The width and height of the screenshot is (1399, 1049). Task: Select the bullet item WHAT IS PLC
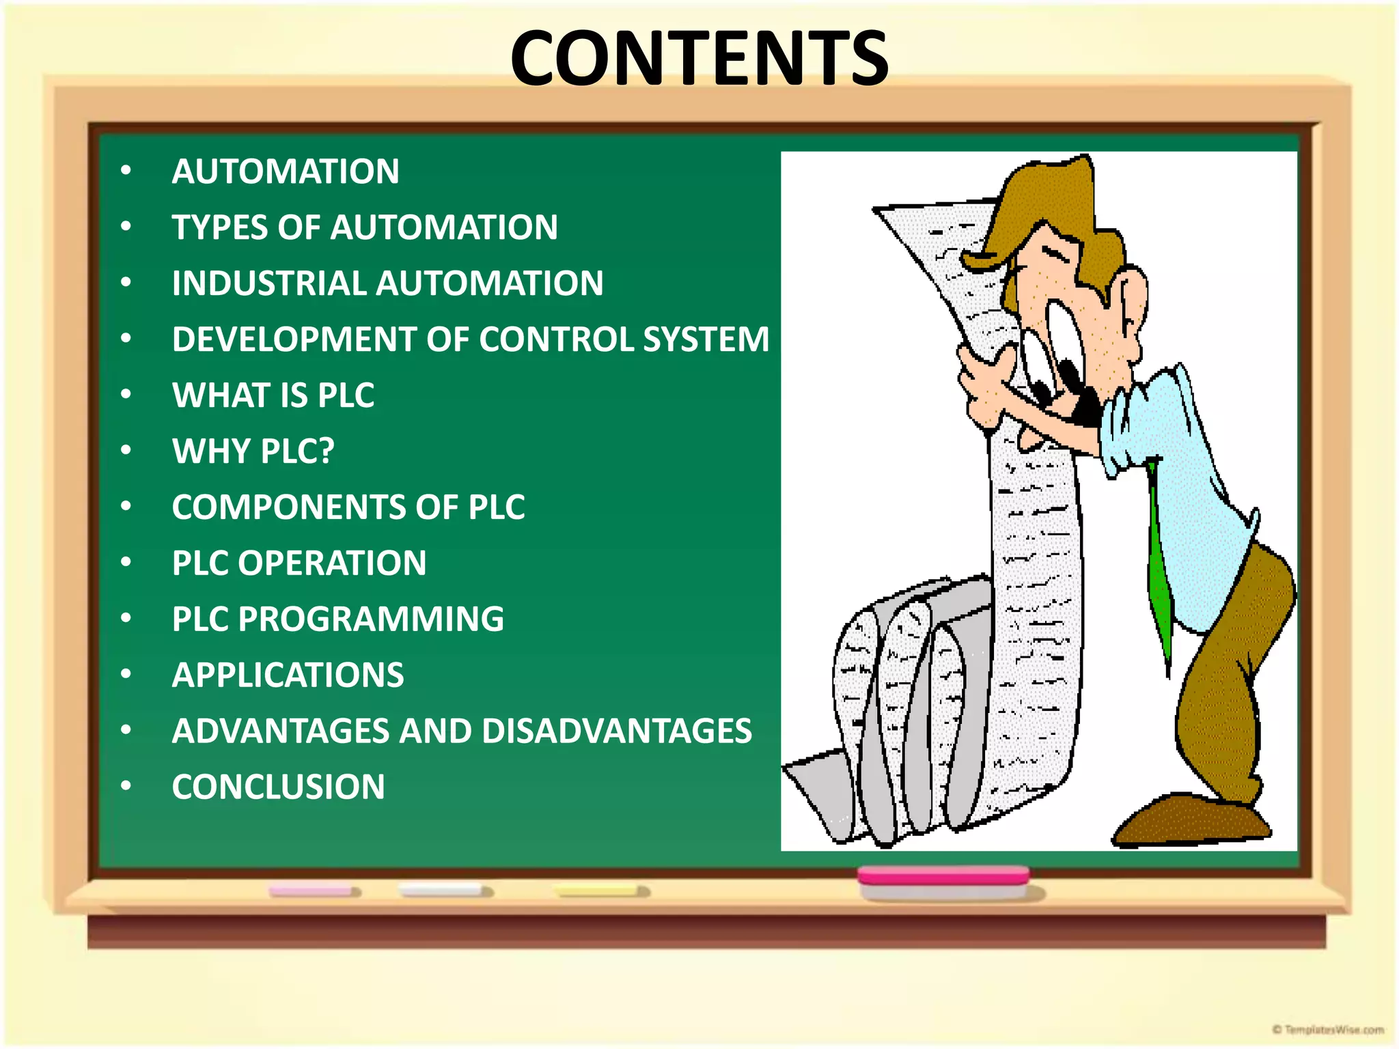273,395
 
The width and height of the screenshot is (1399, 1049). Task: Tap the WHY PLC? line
253,451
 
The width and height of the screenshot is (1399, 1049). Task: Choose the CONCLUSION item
278,787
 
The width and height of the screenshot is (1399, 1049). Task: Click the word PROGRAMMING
371,619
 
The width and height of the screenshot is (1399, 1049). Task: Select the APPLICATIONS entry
288,675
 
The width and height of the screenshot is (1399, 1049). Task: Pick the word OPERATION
332,563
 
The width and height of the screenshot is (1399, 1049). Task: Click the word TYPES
219,227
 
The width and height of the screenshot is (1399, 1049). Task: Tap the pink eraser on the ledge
943,876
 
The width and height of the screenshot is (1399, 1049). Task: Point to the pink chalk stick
313,891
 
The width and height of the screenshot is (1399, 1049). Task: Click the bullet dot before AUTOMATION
126,171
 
